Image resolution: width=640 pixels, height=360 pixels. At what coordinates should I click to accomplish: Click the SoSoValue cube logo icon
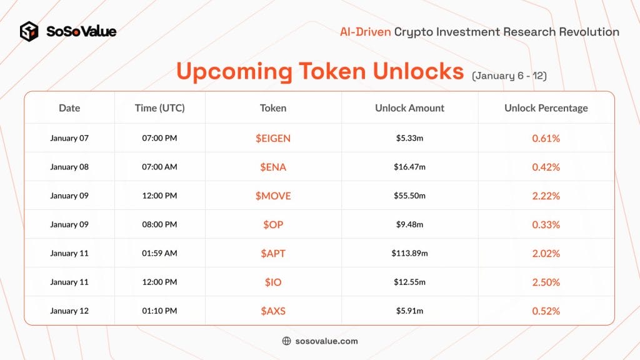tap(29, 31)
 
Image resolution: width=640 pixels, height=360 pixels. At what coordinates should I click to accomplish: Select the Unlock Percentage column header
tap(546, 108)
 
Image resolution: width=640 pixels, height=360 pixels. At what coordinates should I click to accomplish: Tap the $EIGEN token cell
tap(273, 138)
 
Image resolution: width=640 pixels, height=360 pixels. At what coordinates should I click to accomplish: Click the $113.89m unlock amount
tap(409, 253)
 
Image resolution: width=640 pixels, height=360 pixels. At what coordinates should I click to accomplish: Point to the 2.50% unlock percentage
tap(546, 282)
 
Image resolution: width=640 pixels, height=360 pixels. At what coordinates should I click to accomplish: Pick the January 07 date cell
tap(69, 138)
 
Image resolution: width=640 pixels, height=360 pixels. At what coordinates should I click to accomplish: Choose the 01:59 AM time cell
tap(159, 253)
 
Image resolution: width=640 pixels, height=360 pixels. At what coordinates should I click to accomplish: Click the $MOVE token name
tap(273, 196)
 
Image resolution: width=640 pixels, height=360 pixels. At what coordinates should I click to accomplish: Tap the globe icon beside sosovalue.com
tap(286, 341)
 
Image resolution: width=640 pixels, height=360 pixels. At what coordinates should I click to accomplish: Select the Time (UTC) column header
tap(159, 108)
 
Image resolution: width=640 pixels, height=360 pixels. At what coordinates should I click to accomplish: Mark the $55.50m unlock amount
tap(409, 196)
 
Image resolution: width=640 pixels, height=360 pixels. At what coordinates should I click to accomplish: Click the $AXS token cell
tap(273, 311)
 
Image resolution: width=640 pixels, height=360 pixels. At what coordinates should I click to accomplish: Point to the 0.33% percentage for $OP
tap(546, 224)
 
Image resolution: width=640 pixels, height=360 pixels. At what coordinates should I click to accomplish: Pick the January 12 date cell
tap(69, 311)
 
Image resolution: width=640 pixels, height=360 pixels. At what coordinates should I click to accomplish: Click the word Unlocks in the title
tap(418, 71)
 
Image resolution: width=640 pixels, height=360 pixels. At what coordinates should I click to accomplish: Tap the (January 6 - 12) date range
tap(509, 76)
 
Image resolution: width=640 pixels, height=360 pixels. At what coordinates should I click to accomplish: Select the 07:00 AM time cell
tap(159, 166)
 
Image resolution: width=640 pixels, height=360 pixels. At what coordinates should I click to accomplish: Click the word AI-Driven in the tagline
tap(365, 32)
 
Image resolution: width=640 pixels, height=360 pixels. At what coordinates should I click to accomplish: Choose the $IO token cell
tap(273, 282)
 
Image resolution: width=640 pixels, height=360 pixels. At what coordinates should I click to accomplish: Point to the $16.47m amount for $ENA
tap(409, 166)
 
